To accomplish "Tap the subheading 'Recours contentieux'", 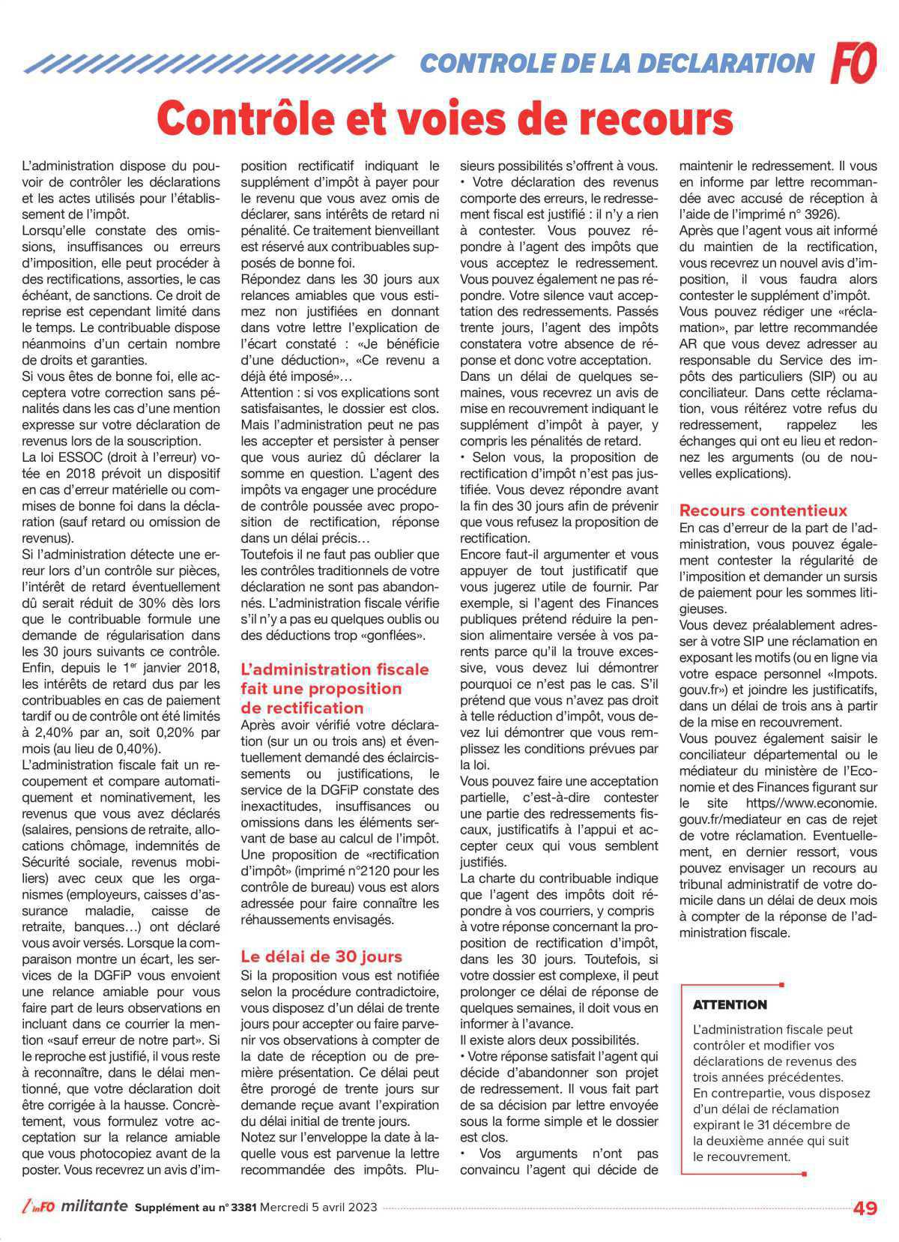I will point(763,510).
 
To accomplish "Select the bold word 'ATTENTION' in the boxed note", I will point(730,1004).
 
